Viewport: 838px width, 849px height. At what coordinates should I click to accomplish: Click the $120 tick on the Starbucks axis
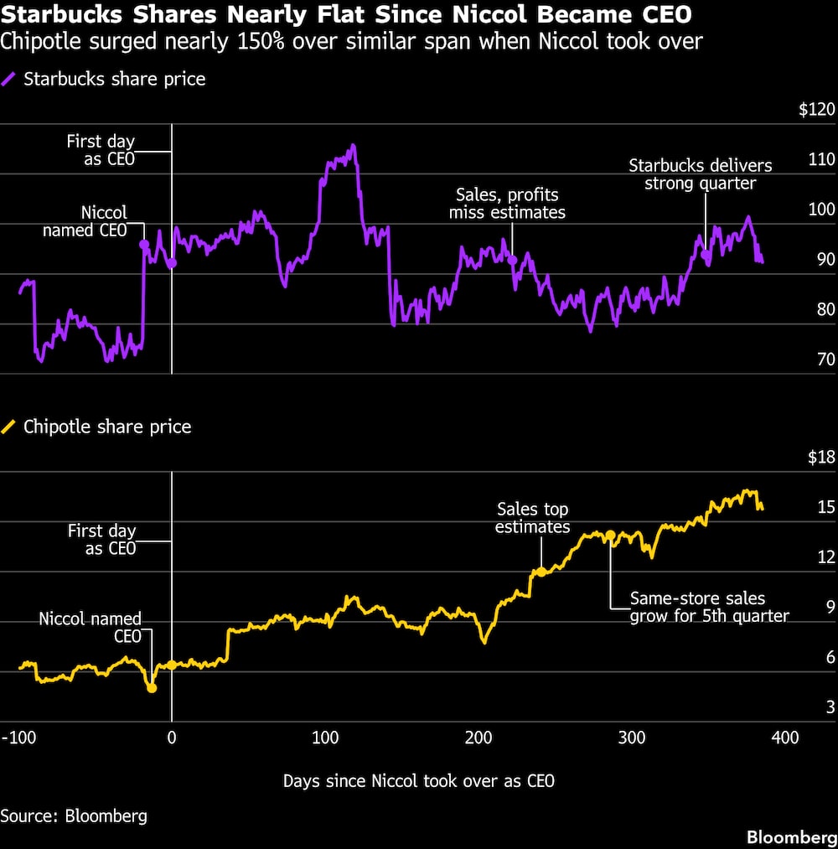(817, 109)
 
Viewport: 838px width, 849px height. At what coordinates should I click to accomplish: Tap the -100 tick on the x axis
(18, 738)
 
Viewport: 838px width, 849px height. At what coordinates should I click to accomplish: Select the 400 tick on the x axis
(784, 738)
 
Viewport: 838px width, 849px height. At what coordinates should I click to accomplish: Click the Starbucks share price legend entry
(114, 80)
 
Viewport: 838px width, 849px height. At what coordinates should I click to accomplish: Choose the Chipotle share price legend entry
(106, 427)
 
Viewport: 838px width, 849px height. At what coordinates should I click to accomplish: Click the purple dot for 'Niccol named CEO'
(143, 244)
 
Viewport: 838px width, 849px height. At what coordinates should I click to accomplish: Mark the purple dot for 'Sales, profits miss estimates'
(513, 260)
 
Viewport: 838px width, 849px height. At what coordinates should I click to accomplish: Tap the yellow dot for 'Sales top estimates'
(541, 571)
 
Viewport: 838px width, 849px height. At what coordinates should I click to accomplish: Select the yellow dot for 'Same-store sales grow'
(611, 535)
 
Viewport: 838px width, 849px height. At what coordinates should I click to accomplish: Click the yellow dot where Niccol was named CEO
(152, 687)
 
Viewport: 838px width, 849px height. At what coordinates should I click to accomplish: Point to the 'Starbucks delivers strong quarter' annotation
(700, 174)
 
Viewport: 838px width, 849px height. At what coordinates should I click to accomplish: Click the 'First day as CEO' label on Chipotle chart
(101, 540)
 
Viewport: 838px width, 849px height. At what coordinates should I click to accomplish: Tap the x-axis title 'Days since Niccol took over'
(418, 780)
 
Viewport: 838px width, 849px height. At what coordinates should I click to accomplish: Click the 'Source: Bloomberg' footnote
(74, 815)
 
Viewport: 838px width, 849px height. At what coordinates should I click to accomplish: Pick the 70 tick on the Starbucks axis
(826, 360)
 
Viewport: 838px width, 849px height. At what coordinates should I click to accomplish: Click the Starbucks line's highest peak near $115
(353, 146)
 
